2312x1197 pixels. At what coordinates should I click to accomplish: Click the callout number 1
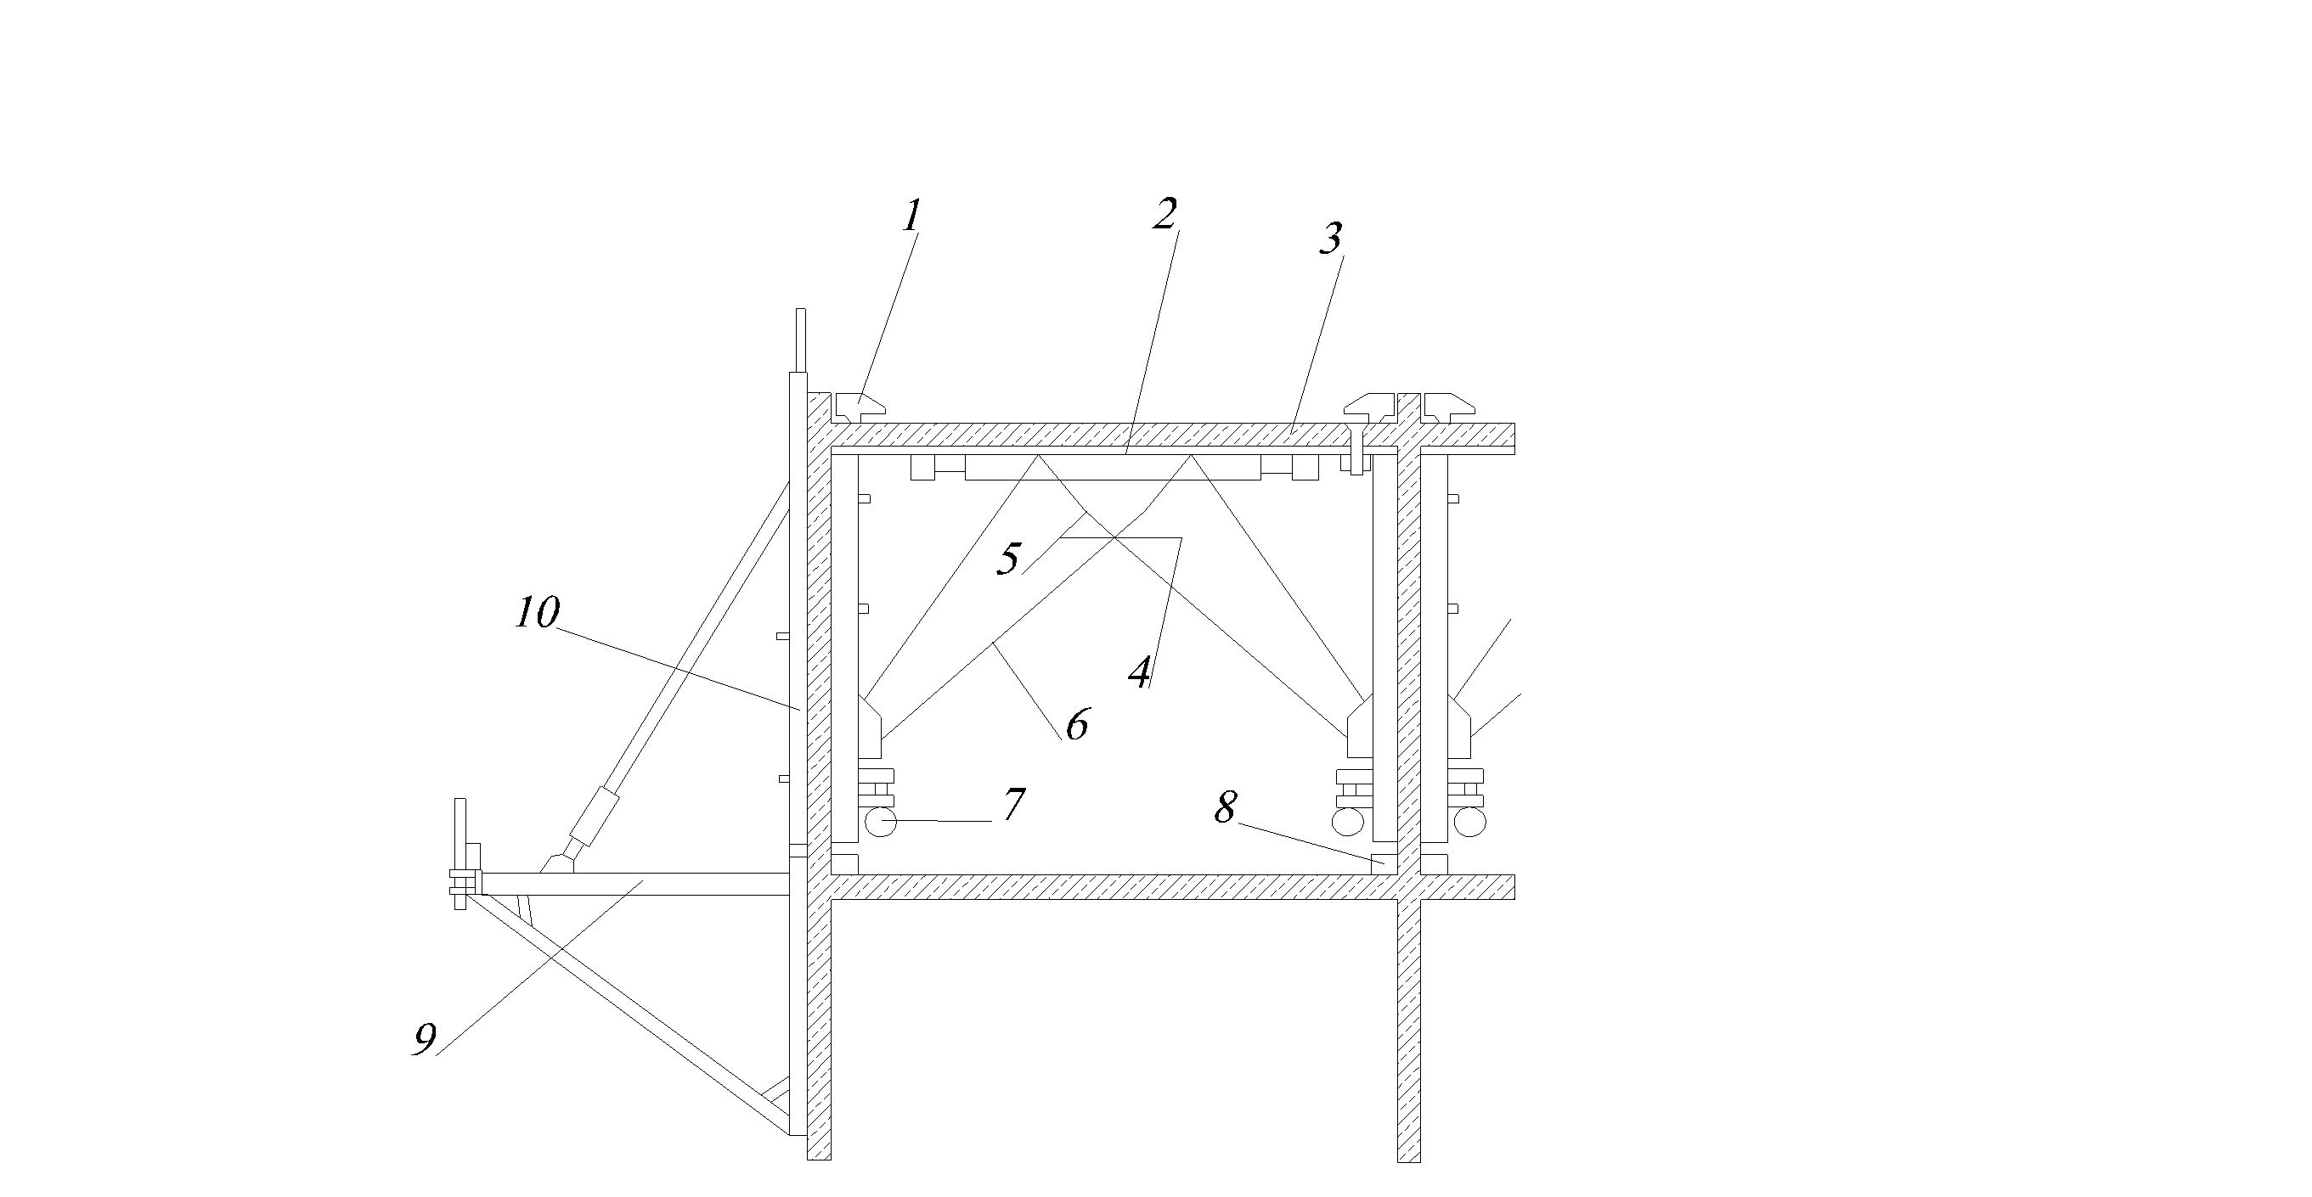click(912, 216)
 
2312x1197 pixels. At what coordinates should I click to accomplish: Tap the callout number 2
click(1164, 214)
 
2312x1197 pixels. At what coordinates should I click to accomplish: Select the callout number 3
click(1330, 238)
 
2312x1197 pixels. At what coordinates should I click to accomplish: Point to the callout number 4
click(1140, 672)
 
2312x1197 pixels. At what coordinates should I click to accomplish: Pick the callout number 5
click(1010, 559)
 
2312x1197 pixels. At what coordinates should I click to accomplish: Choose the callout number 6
click(1077, 723)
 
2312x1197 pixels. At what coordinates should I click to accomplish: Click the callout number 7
click(1013, 804)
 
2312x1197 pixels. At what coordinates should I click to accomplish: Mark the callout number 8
click(1225, 807)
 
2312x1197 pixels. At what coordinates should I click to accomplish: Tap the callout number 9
click(425, 1039)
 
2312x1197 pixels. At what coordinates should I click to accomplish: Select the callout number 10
click(538, 613)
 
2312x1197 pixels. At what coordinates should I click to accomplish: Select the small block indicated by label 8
click(1384, 863)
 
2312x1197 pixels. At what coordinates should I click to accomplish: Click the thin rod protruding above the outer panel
click(799, 340)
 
